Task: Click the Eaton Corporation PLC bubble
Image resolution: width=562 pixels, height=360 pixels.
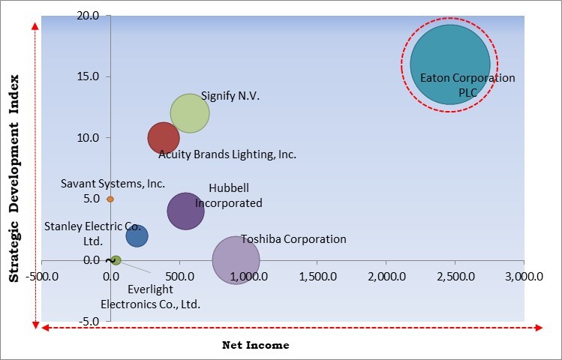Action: point(449,65)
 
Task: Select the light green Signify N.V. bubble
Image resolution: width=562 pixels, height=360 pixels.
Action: point(189,113)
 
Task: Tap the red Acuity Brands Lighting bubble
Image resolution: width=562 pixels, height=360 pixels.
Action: point(163,138)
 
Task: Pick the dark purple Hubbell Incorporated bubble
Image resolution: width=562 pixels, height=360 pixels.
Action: point(185,211)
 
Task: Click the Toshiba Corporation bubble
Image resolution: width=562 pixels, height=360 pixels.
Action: point(236,260)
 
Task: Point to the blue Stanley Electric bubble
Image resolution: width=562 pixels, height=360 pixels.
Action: point(137,236)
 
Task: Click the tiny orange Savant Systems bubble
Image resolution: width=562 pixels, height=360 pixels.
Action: point(110,199)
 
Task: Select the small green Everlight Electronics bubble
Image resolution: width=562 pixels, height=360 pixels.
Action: point(116,260)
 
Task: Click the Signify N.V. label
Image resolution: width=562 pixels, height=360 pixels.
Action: point(230,96)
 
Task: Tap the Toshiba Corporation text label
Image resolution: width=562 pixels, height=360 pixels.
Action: point(293,239)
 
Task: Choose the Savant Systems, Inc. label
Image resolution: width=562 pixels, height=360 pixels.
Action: point(113,183)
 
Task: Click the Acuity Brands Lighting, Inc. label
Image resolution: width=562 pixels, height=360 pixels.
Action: point(227,154)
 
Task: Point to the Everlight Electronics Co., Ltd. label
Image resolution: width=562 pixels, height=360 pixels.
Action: point(150,297)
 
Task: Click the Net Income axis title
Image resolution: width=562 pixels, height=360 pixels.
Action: point(255,345)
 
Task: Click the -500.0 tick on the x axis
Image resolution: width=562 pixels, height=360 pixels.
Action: point(42,276)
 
